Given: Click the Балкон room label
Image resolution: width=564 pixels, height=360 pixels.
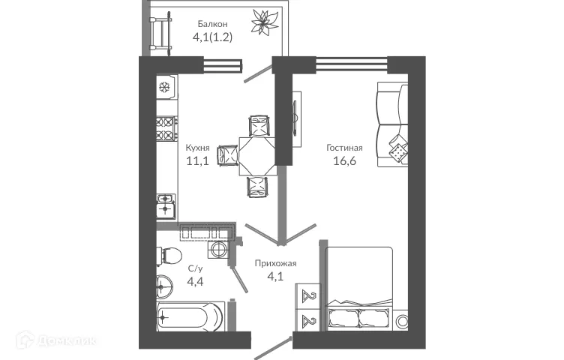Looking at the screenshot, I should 202,24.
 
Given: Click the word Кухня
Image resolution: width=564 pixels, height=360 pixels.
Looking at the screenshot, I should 198,148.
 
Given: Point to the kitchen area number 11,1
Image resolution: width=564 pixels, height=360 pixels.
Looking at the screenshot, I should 198,161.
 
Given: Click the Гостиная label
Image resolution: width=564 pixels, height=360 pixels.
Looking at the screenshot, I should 344,148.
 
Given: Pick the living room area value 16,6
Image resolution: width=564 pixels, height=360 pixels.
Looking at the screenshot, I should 344,161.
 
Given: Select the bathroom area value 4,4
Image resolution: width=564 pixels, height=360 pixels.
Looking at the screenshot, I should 196,281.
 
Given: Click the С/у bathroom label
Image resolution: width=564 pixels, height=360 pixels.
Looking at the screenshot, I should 196,268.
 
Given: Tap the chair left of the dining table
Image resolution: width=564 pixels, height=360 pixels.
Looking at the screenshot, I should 227,155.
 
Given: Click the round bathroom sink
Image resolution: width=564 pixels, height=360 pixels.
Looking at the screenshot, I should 166,284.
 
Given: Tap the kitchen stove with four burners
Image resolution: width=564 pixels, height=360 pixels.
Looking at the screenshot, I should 166,129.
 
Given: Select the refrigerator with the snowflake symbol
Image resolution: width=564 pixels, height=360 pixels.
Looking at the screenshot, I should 166,88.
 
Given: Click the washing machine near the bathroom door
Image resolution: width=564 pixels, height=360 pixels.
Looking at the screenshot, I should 220,250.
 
